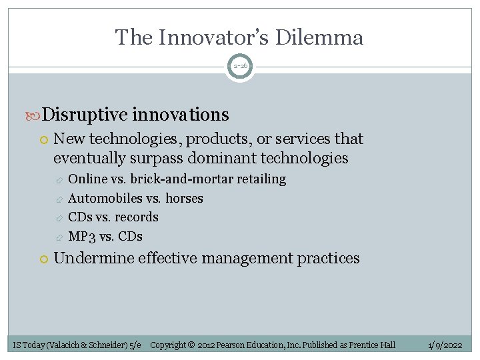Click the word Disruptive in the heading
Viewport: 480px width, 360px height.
click(x=85, y=115)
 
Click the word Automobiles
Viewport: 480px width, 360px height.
click(x=105, y=198)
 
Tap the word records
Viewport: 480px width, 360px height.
click(x=136, y=217)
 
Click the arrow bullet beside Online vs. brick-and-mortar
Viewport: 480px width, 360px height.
click(x=59, y=180)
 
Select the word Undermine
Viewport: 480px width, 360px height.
click(x=94, y=258)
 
